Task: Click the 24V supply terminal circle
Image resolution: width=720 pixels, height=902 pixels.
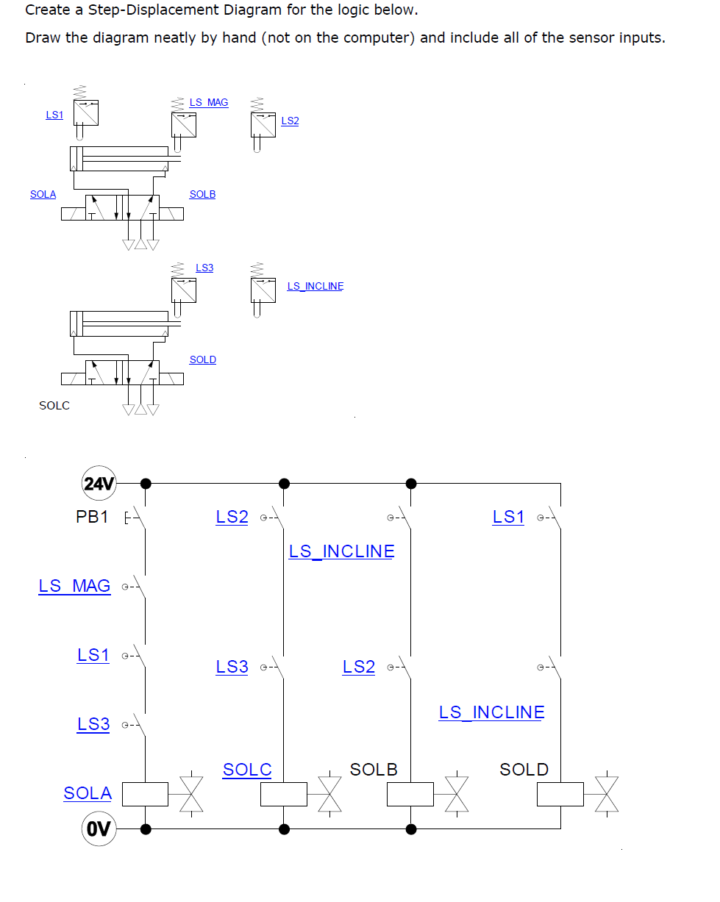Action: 99,484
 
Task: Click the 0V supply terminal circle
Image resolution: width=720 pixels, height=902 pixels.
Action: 99,829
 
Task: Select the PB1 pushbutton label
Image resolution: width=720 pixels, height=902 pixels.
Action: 92,517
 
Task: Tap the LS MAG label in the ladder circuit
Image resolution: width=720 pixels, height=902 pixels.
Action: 74,586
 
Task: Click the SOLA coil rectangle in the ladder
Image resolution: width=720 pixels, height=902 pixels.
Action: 145,794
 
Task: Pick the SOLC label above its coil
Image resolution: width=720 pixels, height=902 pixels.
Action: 247,770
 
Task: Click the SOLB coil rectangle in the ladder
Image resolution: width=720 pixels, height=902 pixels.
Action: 410,794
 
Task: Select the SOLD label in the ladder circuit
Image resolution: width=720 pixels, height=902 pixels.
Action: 524,770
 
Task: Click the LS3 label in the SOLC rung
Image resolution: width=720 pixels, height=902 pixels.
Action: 232,667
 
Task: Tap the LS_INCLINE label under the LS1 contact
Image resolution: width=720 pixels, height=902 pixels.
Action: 491,712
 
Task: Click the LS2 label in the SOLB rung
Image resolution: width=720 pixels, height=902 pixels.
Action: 358,667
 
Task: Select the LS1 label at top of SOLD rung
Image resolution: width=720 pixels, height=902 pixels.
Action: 508,517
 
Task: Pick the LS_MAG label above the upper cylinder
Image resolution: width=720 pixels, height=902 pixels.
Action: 209,102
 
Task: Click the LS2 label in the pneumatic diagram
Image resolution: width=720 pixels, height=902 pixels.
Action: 290,121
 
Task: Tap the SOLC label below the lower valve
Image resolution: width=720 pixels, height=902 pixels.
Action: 54,405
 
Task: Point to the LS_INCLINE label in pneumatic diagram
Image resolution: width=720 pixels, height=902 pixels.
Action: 315,286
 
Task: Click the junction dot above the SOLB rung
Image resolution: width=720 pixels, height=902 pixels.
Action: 411,484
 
